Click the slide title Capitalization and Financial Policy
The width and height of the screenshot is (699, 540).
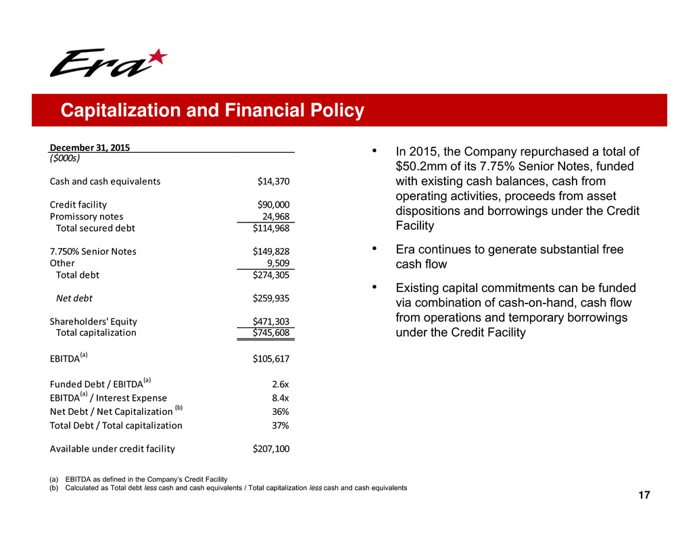(x=212, y=111)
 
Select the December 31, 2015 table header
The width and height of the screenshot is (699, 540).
(x=90, y=147)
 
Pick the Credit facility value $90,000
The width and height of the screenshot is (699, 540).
(x=273, y=205)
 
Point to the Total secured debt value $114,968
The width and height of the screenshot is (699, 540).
(x=270, y=228)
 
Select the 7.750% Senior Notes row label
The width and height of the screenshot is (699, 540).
(x=93, y=251)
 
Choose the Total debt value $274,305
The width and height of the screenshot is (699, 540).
(x=270, y=275)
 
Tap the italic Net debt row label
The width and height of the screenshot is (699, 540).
(x=74, y=297)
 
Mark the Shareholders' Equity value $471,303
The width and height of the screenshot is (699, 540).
(x=270, y=322)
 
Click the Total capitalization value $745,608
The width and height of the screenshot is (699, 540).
(x=270, y=333)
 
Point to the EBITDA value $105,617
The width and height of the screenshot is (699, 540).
(x=270, y=358)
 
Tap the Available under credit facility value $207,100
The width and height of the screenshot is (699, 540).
(x=270, y=448)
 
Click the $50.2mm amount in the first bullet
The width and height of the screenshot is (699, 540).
(x=422, y=166)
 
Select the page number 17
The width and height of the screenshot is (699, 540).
(x=644, y=497)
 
